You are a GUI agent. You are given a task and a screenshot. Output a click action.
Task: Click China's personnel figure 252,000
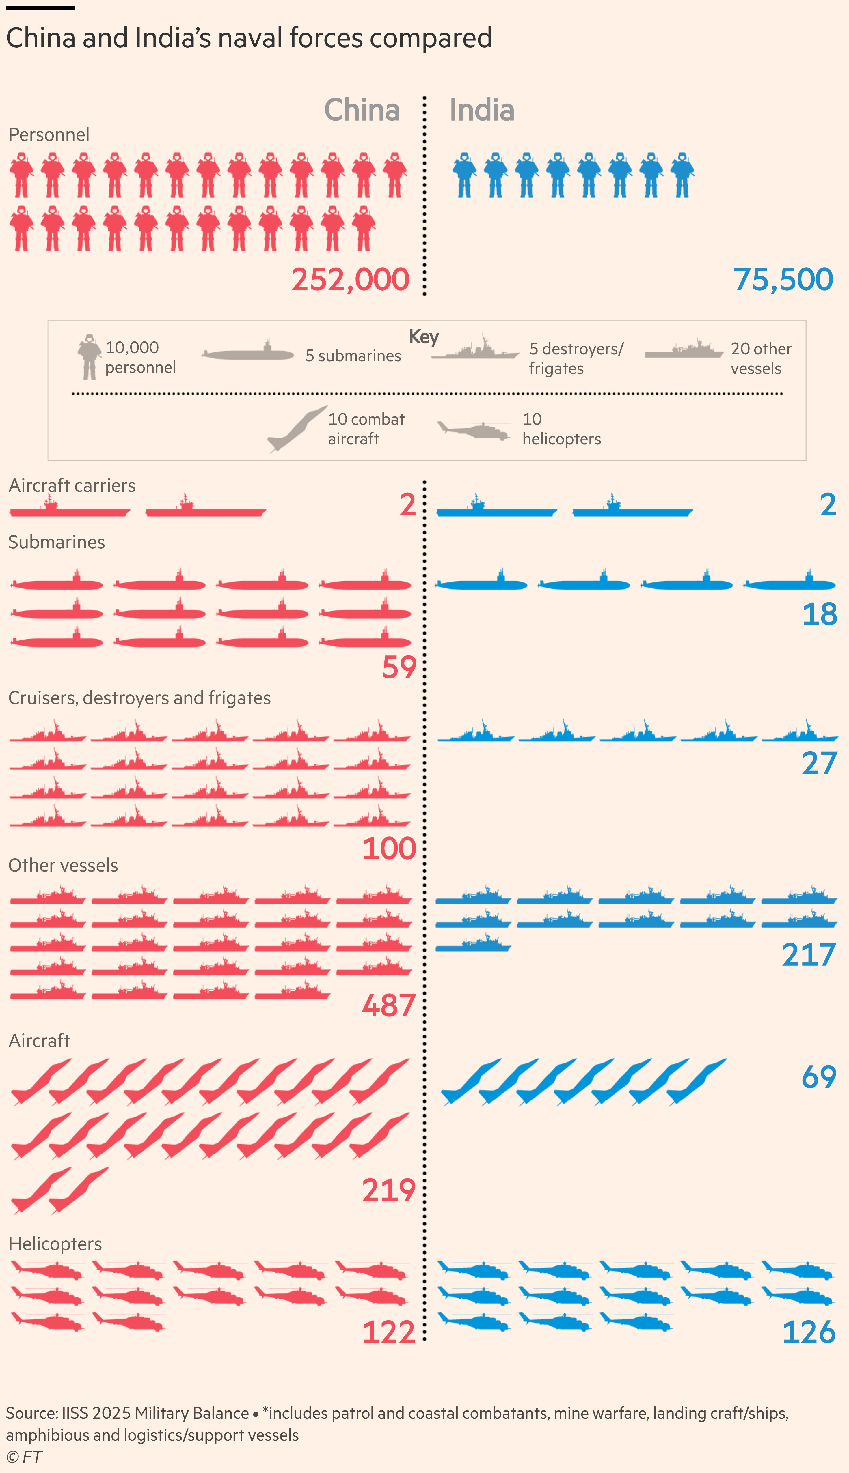coord(351,280)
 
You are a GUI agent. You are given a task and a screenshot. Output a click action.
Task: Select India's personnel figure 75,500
coord(783,280)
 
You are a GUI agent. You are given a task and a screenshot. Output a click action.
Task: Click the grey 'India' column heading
coord(482,110)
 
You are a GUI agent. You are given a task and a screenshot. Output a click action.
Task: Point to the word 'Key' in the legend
coord(424,337)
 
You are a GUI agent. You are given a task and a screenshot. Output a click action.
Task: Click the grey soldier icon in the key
coord(89,357)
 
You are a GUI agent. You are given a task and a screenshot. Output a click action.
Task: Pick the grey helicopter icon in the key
coord(474,430)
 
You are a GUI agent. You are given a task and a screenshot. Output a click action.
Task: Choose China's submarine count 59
coord(399,667)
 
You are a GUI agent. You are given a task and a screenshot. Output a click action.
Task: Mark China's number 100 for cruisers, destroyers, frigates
coord(389,848)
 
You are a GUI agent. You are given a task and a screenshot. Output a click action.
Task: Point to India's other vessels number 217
coord(809,954)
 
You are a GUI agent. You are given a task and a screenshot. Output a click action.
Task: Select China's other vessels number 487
coord(389,1005)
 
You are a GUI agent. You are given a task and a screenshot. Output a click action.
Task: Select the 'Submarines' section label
coord(57,542)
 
